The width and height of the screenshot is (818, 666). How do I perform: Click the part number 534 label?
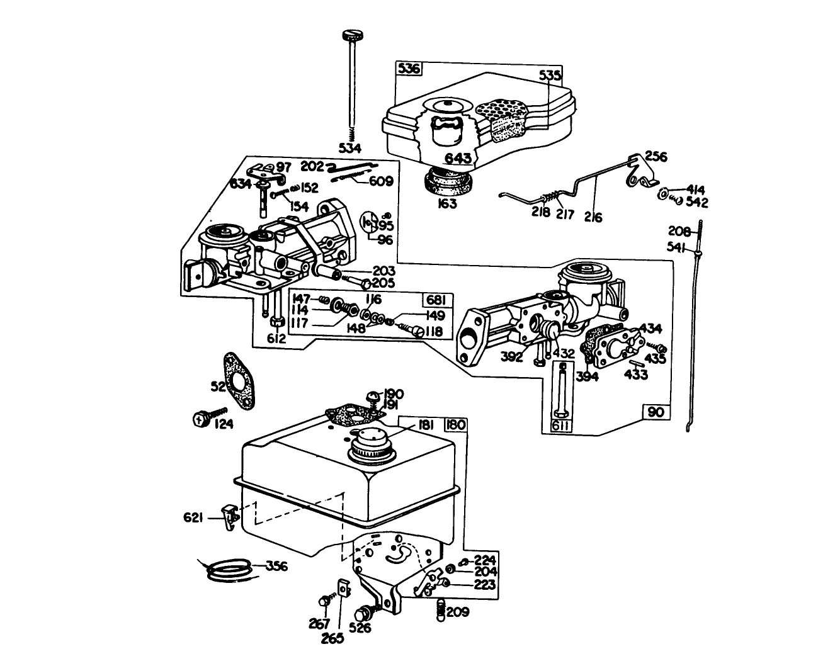click(x=349, y=149)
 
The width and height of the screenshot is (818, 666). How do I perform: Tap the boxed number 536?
click(x=408, y=69)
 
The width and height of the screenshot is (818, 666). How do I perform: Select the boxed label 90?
click(x=656, y=412)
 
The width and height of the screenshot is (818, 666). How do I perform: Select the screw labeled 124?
click(x=200, y=417)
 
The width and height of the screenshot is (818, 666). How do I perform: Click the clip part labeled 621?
click(x=231, y=516)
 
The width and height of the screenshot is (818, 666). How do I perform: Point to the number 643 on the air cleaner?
click(x=458, y=158)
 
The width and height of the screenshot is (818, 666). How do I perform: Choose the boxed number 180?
click(x=456, y=425)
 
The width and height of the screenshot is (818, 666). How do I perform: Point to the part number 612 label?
click(x=276, y=338)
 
